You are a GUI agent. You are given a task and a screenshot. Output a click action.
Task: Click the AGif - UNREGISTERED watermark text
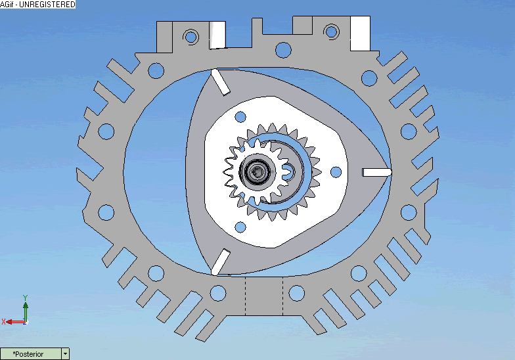[37, 5]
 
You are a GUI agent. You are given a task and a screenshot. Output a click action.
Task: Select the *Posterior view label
[30, 354]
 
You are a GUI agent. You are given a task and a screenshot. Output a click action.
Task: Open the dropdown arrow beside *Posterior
[64, 354]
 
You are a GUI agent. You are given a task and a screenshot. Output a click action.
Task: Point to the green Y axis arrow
[25, 302]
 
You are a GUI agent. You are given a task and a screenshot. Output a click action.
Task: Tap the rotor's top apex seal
[219, 81]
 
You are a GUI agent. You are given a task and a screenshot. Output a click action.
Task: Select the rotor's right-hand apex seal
[377, 172]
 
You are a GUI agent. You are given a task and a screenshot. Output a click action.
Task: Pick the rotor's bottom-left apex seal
[219, 261]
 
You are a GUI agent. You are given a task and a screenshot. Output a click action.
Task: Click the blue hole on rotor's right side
[336, 171]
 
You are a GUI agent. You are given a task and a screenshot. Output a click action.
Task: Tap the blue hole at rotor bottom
[240, 227]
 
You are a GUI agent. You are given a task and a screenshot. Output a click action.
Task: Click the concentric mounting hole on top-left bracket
[191, 35]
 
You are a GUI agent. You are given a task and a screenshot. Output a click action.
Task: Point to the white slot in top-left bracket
[217, 34]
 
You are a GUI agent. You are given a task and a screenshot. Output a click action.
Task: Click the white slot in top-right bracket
[360, 34]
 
